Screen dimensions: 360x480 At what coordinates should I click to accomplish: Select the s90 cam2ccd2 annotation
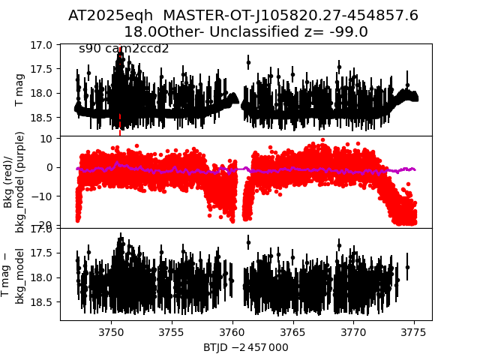click(x=124, y=49)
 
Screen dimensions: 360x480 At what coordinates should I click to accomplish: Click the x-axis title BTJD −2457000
click(x=245, y=347)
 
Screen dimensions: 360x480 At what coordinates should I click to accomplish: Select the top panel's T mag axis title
click(x=20, y=90)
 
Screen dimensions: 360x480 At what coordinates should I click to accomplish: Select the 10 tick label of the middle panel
click(x=46, y=138)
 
